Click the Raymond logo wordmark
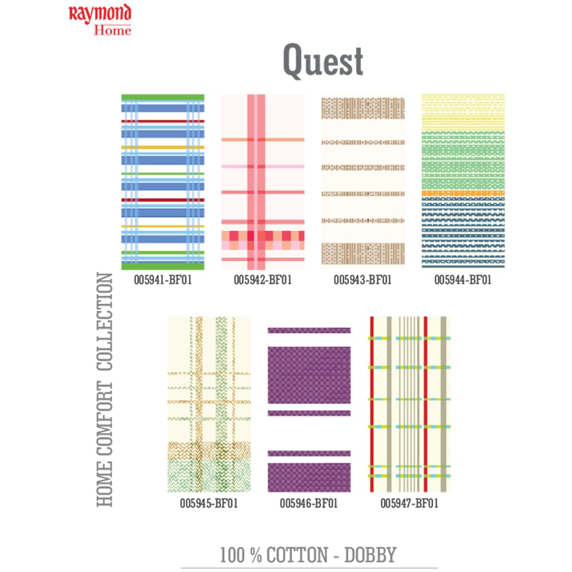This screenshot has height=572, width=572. (x=100, y=14)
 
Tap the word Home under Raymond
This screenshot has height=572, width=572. (x=113, y=29)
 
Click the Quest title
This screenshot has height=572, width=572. (x=323, y=62)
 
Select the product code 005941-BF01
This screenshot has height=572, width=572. (x=162, y=280)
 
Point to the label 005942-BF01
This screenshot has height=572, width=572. (x=263, y=280)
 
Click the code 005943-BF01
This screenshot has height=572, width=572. (x=363, y=280)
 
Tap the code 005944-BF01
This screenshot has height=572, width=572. (x=463, y=280)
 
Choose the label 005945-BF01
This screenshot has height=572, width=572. (x=209, y=504)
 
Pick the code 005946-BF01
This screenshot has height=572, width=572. (x=309, y=504)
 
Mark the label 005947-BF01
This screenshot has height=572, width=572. (x=410, y=504)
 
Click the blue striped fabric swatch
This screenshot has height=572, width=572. (x=162, y=182)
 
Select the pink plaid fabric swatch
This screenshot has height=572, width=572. (x=263, y=182)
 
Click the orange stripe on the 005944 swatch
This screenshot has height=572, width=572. (x=463, y=193)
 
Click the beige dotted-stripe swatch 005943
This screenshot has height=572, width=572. (x=363, y=182)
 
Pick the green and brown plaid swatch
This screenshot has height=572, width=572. (x=209, y=404)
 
